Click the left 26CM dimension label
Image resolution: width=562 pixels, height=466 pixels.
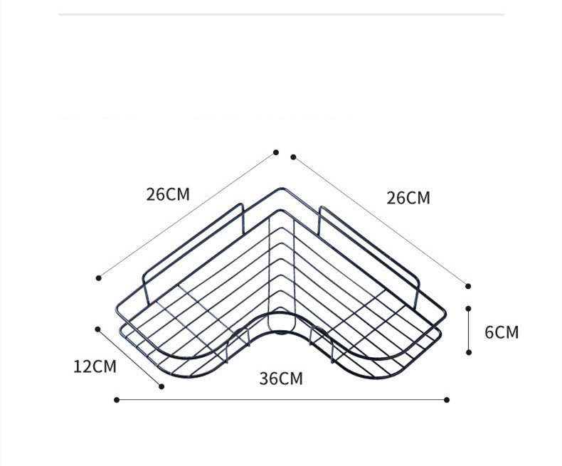point(168,194)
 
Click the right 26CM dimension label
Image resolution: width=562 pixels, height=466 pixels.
point(408,198)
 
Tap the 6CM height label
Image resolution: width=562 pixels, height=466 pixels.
point(502,332)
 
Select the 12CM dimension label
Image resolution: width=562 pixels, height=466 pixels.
point(95,366)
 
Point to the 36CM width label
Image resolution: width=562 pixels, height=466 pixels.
point(281,378)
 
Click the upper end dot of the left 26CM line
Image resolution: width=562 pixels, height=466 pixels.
point(275,152)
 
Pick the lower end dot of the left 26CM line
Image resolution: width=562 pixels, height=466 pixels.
point(99,277)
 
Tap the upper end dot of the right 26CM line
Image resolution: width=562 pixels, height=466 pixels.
point(293,157)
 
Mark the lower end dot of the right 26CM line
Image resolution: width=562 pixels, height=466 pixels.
point(468,286)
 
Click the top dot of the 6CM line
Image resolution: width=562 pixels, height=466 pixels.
point(469,308)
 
